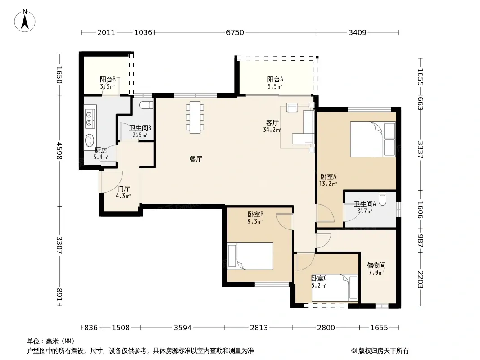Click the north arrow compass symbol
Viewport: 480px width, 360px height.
[24, 21]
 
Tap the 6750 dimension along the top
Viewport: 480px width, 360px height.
[235, 32]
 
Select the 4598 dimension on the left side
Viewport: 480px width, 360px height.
[59, 151]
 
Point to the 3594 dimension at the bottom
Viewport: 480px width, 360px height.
[183, 328]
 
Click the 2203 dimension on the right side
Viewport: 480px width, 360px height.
[421, 279]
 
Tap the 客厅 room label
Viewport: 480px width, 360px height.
[272, 123]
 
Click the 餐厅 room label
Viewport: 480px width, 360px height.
[196, 159]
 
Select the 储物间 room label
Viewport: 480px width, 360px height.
[376, 265]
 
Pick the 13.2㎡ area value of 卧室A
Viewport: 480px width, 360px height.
[328, 184]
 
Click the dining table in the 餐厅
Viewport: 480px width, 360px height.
[195, 117]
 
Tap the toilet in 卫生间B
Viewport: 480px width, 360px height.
[146, 105]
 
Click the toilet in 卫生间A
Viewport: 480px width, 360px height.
[383, 199]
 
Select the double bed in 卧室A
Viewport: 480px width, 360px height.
[373, 139]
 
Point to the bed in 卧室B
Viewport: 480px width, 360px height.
[250, 256]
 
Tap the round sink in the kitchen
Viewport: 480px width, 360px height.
[90, 140]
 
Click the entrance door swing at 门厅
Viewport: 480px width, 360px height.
[111, 182]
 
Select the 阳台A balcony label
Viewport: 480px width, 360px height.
[275, 80]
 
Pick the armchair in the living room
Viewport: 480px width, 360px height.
[292, 108]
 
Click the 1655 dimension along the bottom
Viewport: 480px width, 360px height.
[379, 328]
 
